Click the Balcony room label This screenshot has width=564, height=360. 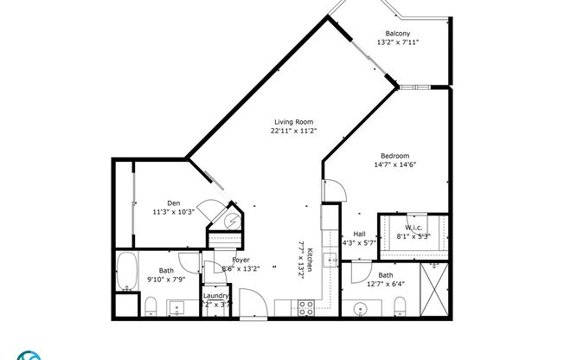point(397,33)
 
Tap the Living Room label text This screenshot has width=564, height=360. point(294,122)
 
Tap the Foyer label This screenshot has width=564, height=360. point(240,260)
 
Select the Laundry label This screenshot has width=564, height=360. point(215,296)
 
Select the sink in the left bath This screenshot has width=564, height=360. point(179,306)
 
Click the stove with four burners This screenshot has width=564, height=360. point(304,306)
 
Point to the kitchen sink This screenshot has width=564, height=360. point(330,260)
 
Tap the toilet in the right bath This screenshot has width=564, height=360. point(399,305)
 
